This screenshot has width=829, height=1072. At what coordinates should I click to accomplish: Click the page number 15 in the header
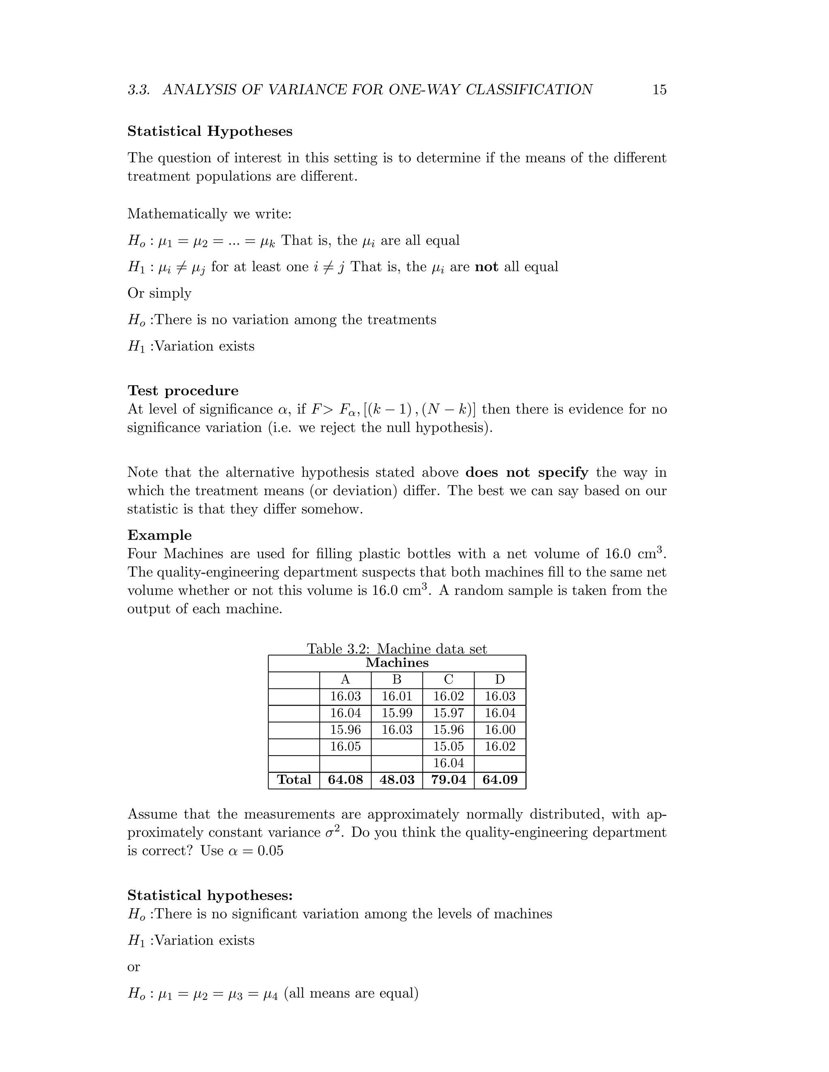[659, 90]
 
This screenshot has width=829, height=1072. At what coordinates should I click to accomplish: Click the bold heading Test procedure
[183, 391]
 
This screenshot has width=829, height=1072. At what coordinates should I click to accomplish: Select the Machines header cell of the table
[397, 663]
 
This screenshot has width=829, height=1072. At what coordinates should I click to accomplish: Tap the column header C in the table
[449, 680]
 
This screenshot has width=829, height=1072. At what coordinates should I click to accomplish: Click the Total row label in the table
[294, 780]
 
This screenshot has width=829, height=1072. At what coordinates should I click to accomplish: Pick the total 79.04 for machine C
[449, 780]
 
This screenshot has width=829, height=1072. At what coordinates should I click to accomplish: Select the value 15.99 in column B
[397, 713]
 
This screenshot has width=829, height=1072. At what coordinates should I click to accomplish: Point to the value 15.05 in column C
[449, 747]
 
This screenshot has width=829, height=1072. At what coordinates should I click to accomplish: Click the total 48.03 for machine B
[397, 780]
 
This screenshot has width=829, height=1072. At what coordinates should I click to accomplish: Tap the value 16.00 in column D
[500, 730]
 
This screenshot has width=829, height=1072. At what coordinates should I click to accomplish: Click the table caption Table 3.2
[397, 649]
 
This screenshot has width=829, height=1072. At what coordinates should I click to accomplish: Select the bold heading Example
[159, 535]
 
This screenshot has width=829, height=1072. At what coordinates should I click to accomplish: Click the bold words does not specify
[527, 472]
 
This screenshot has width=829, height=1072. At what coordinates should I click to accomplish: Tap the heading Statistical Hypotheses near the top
[210, 131]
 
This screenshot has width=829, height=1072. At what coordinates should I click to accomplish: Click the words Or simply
[159, 294]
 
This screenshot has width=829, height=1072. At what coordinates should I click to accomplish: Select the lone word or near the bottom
[134, 966]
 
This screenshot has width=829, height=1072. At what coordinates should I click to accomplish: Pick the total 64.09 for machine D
[500, 780]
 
